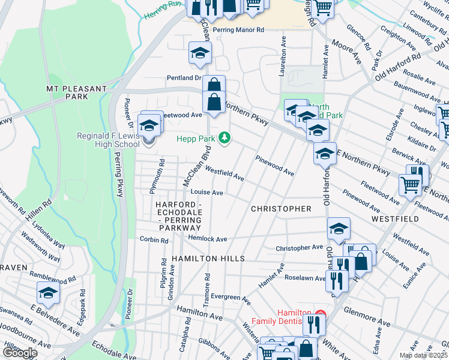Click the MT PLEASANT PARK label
[x=76, y=92]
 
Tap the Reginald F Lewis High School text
[x=108, y=140]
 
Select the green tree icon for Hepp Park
[x=224, y=139]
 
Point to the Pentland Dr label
[x=184, y=78]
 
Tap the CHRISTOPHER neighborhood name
[x=281, y=209]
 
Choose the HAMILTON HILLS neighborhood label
[x=208, y=258]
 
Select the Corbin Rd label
[x=154, y=240]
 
